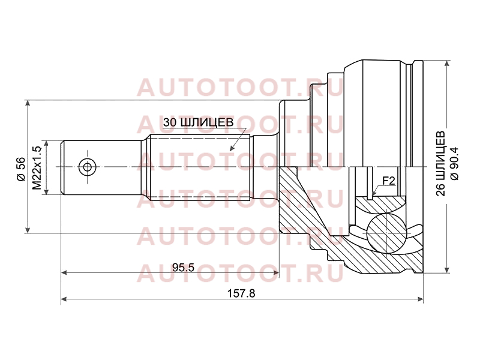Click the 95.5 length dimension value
(x=184, y=268)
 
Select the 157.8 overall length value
(x=241, y=293)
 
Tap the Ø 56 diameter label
(x=21, y=169)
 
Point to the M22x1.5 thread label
(x=37, y=168)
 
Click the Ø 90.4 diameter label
(x=454, y=164)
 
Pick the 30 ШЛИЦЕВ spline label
(x=198, y=122)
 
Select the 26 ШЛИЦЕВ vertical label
(x=441, y=163)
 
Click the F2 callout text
(x=389, y=181)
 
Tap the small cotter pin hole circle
(x=87, y=167)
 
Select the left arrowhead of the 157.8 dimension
(x=64, y=299)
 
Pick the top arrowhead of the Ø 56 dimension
(x=28, y=103)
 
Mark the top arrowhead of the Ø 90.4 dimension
(x=447, y=64)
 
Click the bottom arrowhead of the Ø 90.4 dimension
(x=447, y=269)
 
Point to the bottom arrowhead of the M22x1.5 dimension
(x=46, y=191)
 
